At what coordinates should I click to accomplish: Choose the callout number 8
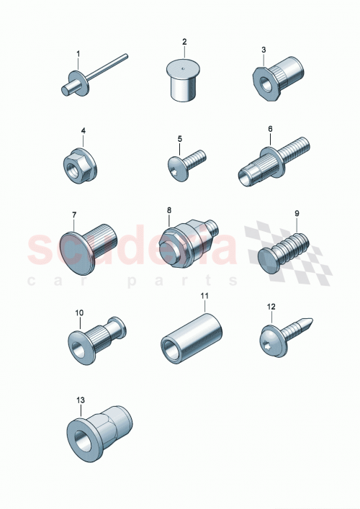click(169, 210)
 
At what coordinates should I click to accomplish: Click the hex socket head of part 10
click(78, 338)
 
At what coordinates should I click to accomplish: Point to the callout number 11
click(204, 296)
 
